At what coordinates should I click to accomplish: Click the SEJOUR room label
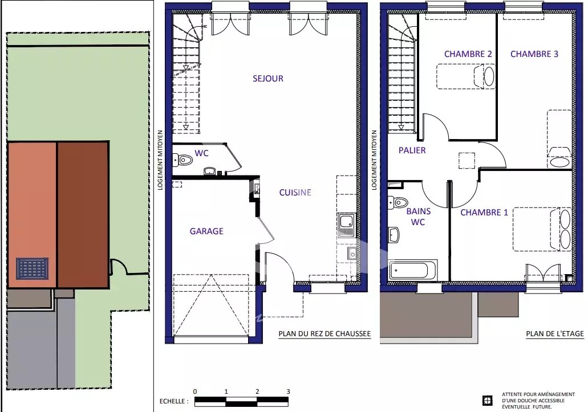click(x=267, y=79)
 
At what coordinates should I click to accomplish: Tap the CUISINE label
click(x=295, y=193)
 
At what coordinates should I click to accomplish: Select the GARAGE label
click(x=206, y=231)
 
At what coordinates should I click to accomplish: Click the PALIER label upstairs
click(x=412, y=150)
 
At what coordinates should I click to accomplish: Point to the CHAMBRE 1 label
click(x=484, y=213)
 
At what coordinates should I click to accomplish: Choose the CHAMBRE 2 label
click(x=468, y=54)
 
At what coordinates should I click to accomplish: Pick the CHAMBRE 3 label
click(x=534, y=54)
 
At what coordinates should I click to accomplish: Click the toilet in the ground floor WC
click(x=183, y=160)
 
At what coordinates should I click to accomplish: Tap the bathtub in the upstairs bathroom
click(x=412, y=270)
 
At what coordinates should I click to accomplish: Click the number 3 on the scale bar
click(x=288, y=392)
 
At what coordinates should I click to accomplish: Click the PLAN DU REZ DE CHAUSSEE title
click(x=325, y=334)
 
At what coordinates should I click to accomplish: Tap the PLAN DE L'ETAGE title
click(x=554, y=334)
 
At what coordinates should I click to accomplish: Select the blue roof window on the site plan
click(x=33, y=268)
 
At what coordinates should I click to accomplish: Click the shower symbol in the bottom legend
click(x=487, y=401)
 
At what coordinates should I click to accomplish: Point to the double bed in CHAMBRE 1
click(x=542, y=229)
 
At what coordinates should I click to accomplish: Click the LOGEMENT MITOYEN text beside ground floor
click(x=160, y=160)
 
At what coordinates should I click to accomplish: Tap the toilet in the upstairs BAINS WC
click(x=398, y=203)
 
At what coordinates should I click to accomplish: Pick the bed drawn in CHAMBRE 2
click(x=466, y=76)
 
